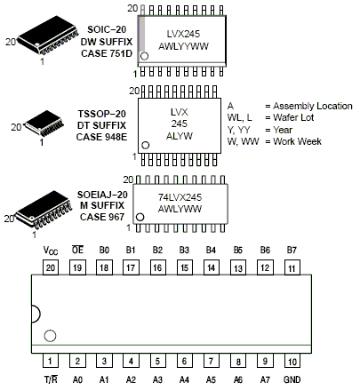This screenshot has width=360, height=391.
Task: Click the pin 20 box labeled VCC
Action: [x=51, y=267]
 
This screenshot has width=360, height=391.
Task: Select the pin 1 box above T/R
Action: [x=51, y=362]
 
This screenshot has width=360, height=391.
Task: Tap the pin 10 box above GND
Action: [x=290, y=362]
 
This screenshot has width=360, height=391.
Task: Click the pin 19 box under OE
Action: [x=77, y=267]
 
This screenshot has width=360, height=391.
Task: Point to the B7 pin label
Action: [x=290, y=251]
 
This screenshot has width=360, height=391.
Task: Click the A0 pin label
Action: [x=77, y=378]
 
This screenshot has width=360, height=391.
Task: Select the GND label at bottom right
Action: [x=290, y=378]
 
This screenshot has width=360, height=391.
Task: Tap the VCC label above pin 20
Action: [x=51, y=251]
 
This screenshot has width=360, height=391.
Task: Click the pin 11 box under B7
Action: [x=290, y=267]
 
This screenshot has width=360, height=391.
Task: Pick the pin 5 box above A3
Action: [x=157, y=362]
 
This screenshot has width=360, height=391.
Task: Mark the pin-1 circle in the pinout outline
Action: [x=51, y=336]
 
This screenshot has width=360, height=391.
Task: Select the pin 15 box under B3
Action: [x=184, y=267]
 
